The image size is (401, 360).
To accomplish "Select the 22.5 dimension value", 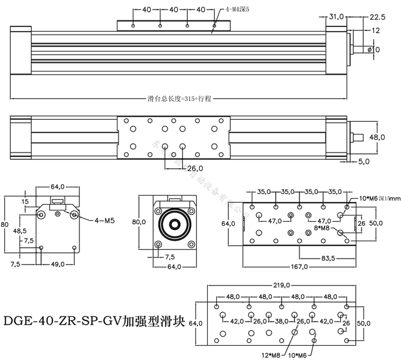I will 377,17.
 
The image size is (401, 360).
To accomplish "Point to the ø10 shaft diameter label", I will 373,49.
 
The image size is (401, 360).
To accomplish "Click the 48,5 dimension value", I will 20,231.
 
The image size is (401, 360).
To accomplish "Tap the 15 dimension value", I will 26,202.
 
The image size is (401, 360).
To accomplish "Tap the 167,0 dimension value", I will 299,267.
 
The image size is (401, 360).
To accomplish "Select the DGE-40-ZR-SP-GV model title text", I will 93,322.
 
